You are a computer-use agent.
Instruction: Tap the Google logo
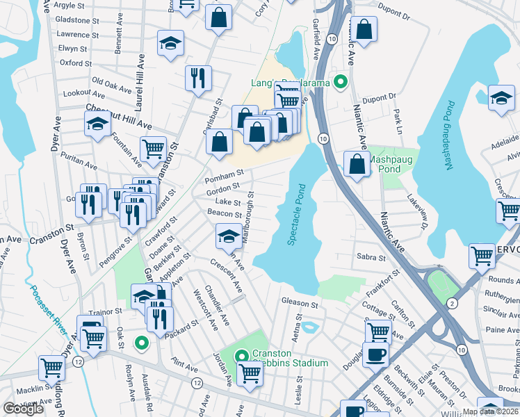pos(23,409)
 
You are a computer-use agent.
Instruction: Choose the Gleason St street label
pos(299,303)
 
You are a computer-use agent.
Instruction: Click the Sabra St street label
pos(371,257)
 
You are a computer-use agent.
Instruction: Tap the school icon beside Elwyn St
pos(170,43)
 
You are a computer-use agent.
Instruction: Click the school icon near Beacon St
pos(229,237)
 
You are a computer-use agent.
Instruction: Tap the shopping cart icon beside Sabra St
pos(482,255)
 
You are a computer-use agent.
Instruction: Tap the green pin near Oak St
pos(141,342)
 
